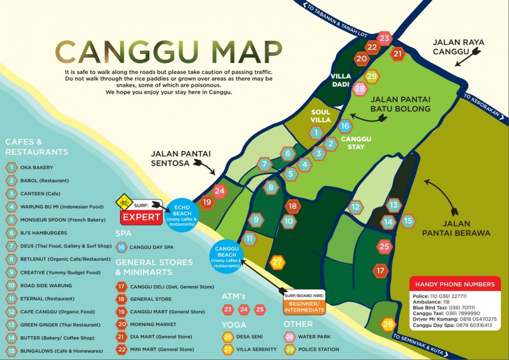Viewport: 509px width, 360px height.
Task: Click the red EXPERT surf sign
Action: point(141,217)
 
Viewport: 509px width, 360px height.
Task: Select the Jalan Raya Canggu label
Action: point(458,47)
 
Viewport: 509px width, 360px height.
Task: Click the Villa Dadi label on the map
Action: point(341,80)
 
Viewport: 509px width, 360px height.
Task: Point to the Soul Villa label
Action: point(320,116)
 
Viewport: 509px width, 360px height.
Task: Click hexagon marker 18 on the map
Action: point(293,206)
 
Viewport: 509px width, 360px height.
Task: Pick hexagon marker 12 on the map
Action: point(356,207)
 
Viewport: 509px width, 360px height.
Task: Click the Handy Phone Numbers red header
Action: point(455,284)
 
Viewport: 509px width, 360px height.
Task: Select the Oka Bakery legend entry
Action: point(36,168)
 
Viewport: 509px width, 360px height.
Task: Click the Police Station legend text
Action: point(318,350)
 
